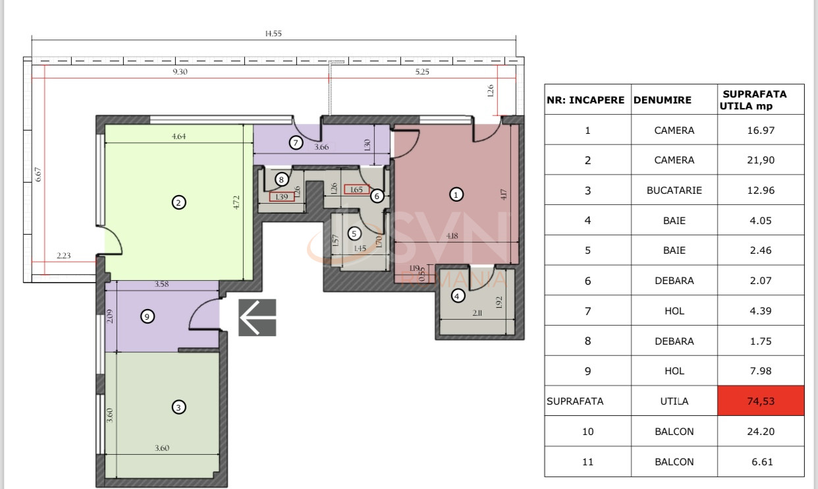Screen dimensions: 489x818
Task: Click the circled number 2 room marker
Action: pyautogui.click(x=178, y=203)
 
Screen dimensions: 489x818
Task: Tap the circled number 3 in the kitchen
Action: pyautogui.click(x=178, y=407)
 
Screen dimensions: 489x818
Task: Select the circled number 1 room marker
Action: pyautogui.click(x=455, y=194)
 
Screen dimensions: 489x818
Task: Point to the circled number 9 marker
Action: pyautogui.click(x=148, y=317)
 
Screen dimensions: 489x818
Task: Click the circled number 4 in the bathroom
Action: pyautogui.click(x=457, y=297)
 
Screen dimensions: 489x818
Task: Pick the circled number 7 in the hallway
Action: pyautogui.click(x=296, y=142)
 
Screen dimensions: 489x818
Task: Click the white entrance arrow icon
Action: pyautogui.click(x=257, y=318)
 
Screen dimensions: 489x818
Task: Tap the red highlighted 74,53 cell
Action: pyautogui.click(x=761, y=401)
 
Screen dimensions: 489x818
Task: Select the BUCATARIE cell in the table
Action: pyautogui.click(x=674, y=190)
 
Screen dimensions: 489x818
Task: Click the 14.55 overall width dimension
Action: pyautogui.click(x=274, y=34)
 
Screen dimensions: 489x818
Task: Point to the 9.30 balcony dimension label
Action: pyautogui.click(x=180, y=72)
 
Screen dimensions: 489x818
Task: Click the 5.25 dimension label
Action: pyautogui.click(x=422, y=72)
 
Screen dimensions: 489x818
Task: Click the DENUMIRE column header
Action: pyautogui.click(x=663, y=100)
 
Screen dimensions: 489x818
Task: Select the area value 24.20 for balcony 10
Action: pyautogui.click(x=761, y=432)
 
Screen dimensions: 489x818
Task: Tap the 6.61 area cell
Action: pyautogui.click(x=761, y=462)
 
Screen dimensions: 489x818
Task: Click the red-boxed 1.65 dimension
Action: pyautogui.click(x=356, y=190)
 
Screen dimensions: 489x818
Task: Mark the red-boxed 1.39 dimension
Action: pyautogui.click(x=282, y=197)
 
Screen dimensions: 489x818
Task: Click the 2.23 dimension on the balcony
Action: pyautogui.click(x=64, y=256)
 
